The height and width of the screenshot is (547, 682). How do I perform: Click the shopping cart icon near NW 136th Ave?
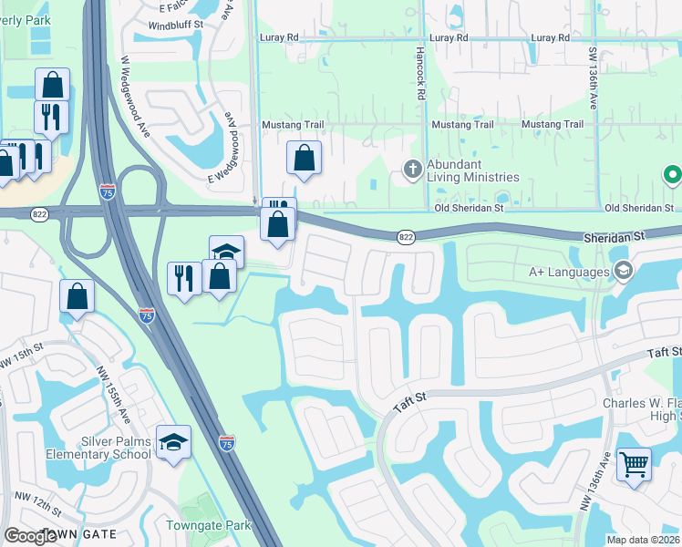click(x=634, y=463)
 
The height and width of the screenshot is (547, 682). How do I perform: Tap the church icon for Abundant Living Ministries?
click(x=412, y=170)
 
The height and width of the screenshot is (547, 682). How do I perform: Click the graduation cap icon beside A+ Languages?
click(x=624, y=271)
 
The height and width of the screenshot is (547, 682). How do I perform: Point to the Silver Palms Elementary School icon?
click(x=173, y=441)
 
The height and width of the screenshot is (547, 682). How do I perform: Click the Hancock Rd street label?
click(x=420, y=74)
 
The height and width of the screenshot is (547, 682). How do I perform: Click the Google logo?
click(x=30, y=536)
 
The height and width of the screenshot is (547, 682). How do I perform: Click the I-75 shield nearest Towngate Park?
click(x=227, y=442)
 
